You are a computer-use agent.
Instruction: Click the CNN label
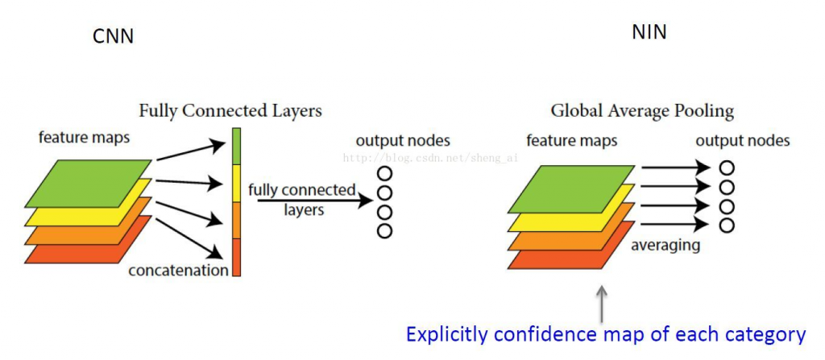click(114, 36)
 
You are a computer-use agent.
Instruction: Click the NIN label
click(650, 33)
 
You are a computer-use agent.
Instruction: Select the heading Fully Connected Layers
click(230, 110)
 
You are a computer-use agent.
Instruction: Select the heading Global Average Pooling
click(642, 111)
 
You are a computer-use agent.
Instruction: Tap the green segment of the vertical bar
click(236, 145)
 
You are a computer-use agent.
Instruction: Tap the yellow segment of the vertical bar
click(236, 183)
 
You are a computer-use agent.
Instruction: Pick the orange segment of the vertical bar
click(236, 220)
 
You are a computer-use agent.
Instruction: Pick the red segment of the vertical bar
click(236, 257)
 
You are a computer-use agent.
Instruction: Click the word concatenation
click(178, 271)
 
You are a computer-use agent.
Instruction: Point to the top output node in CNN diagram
click(384, 173)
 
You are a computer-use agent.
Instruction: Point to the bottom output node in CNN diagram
click(384, 231)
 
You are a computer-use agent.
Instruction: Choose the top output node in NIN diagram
click(728, 168)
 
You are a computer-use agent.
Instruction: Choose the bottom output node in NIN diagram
click(728, 226)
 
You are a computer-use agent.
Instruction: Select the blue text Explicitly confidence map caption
click(606, 334)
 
